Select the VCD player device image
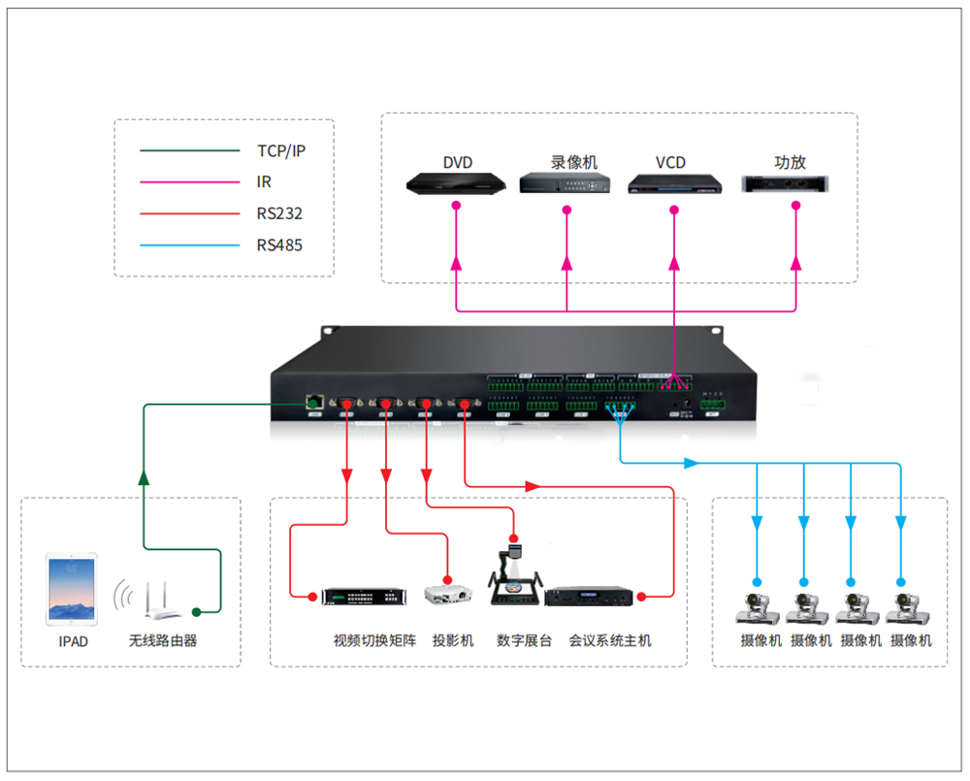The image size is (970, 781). (674, 184)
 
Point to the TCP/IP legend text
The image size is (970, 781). (280, 150)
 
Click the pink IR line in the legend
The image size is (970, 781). (189, 182)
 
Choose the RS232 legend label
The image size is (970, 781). (279, 213)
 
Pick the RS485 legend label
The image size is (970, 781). (279, 245)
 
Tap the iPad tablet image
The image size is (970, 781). (71, 589)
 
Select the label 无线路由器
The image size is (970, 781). (163, 641)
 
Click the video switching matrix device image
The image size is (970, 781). (364, 597)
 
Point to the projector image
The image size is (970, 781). (448, 595)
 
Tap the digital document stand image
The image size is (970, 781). (514, 580)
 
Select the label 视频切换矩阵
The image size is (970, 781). (373, 641)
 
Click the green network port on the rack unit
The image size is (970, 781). (314, 401)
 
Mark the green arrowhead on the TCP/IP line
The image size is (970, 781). (144, 477)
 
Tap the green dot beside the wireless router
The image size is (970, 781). (196, 611)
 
